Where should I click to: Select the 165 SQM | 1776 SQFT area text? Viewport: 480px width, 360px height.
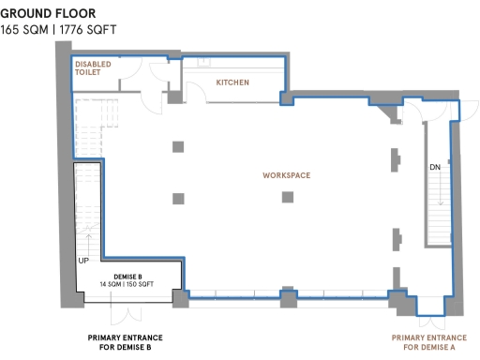click(x=60, y=29)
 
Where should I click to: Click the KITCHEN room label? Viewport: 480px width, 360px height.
click(x=232, y=83)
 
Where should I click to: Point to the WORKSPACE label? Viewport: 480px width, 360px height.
click(x=286, y=175)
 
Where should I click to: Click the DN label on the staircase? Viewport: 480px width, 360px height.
click(x=435, y=167)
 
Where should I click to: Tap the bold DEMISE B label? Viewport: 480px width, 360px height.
click(x=127, y=277)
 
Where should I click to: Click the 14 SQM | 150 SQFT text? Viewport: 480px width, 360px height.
click(x=127, y=284)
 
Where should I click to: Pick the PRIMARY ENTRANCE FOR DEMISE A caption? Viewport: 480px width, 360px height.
click(x=428, y=342)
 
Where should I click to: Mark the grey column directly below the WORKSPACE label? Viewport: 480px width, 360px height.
click(x=288, y=197)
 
